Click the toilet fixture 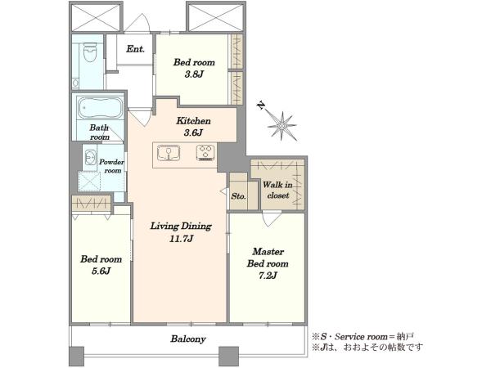[x=90, y=52]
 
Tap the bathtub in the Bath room [x=100, y=108]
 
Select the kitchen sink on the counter [x=169, y=153]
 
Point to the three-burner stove [x=206, y=153]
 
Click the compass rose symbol [x=282, y=126]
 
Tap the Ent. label [x=135, y=49]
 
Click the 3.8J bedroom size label [x=194, y=74]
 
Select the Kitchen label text [x=193, y=121]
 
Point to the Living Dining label [x=181, y=226]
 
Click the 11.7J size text [x=181, y=239]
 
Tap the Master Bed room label [x=268, y=258]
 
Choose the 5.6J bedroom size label [x=101, y=271]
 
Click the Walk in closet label [x=277, y=190]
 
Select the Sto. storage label [x=238, y=196]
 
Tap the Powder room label [x=112, y=166]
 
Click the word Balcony [x=188, y=339]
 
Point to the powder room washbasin [x=91, y=157]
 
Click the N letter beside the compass [x=260, y=105]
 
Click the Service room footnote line [x=363, y=337]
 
